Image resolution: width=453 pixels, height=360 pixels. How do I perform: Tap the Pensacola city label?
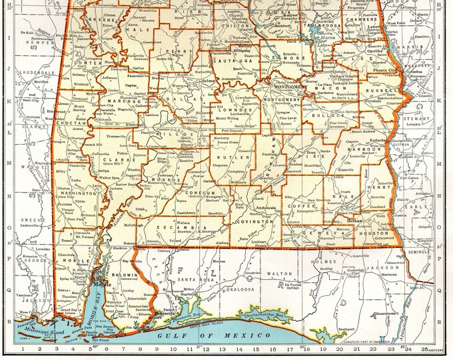coord(163,312)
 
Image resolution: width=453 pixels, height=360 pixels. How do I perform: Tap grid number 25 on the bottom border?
coord(425,349)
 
